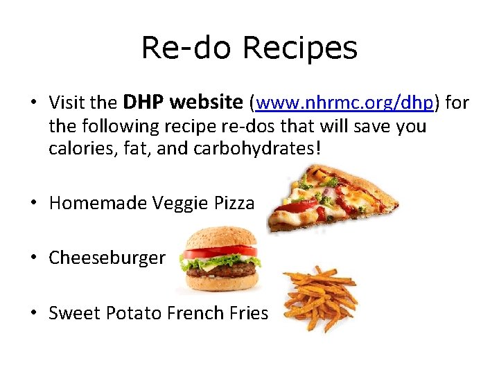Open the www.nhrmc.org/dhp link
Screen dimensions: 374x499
click(x=344, y=104)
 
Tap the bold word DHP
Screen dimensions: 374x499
click(x=143, y=103)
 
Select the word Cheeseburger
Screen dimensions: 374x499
click(x=107, y=258)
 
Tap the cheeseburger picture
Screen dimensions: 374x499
click(x=219, y=259)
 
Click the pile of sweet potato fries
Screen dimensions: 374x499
click(x=319, y=298)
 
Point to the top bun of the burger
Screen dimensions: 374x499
click(x=219, y=237)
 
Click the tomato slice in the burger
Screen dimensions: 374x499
click(x=219, y=251)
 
